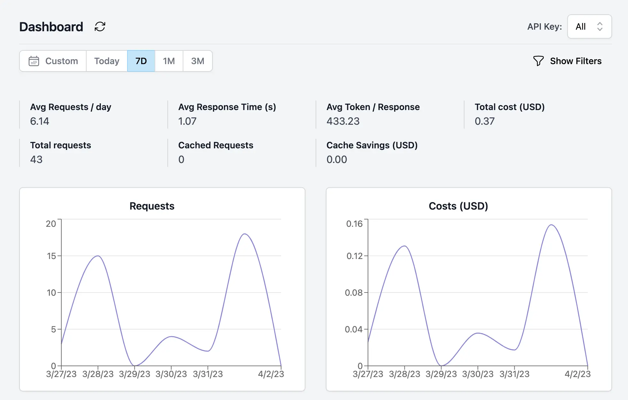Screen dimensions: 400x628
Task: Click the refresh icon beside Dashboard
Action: [x=100, y=26]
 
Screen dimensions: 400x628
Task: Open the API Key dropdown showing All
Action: [x=589, y=26]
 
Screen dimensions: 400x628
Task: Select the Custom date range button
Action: [x=53, y=61]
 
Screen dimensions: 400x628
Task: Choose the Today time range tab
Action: [x=107, y=61]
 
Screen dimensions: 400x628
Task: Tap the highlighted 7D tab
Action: [x=141, y=61]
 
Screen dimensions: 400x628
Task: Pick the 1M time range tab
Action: [x=169, y=61]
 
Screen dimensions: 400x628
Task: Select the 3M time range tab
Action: [x=197, y=61]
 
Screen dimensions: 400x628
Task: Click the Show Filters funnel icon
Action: [x=538, y=61]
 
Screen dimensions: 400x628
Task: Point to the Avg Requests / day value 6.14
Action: [x=40, y=121]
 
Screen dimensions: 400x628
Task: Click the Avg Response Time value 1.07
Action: [x=187, y=121]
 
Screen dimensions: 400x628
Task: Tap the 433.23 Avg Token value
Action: [x=343, y=121]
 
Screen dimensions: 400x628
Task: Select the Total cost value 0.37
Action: [x=484, y=121]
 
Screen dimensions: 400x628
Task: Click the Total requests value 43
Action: [x=36, y=159]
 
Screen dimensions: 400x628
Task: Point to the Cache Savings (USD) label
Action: [x=372, y=145]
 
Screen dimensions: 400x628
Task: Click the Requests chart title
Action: [x=152, y=206]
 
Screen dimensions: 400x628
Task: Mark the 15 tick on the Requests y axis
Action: [x=51, y=256]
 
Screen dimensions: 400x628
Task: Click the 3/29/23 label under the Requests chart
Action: [x=134, y=374]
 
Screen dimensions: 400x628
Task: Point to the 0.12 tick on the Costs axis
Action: [x=355, y=256]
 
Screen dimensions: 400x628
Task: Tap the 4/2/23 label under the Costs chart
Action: [x=578, y=374]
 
